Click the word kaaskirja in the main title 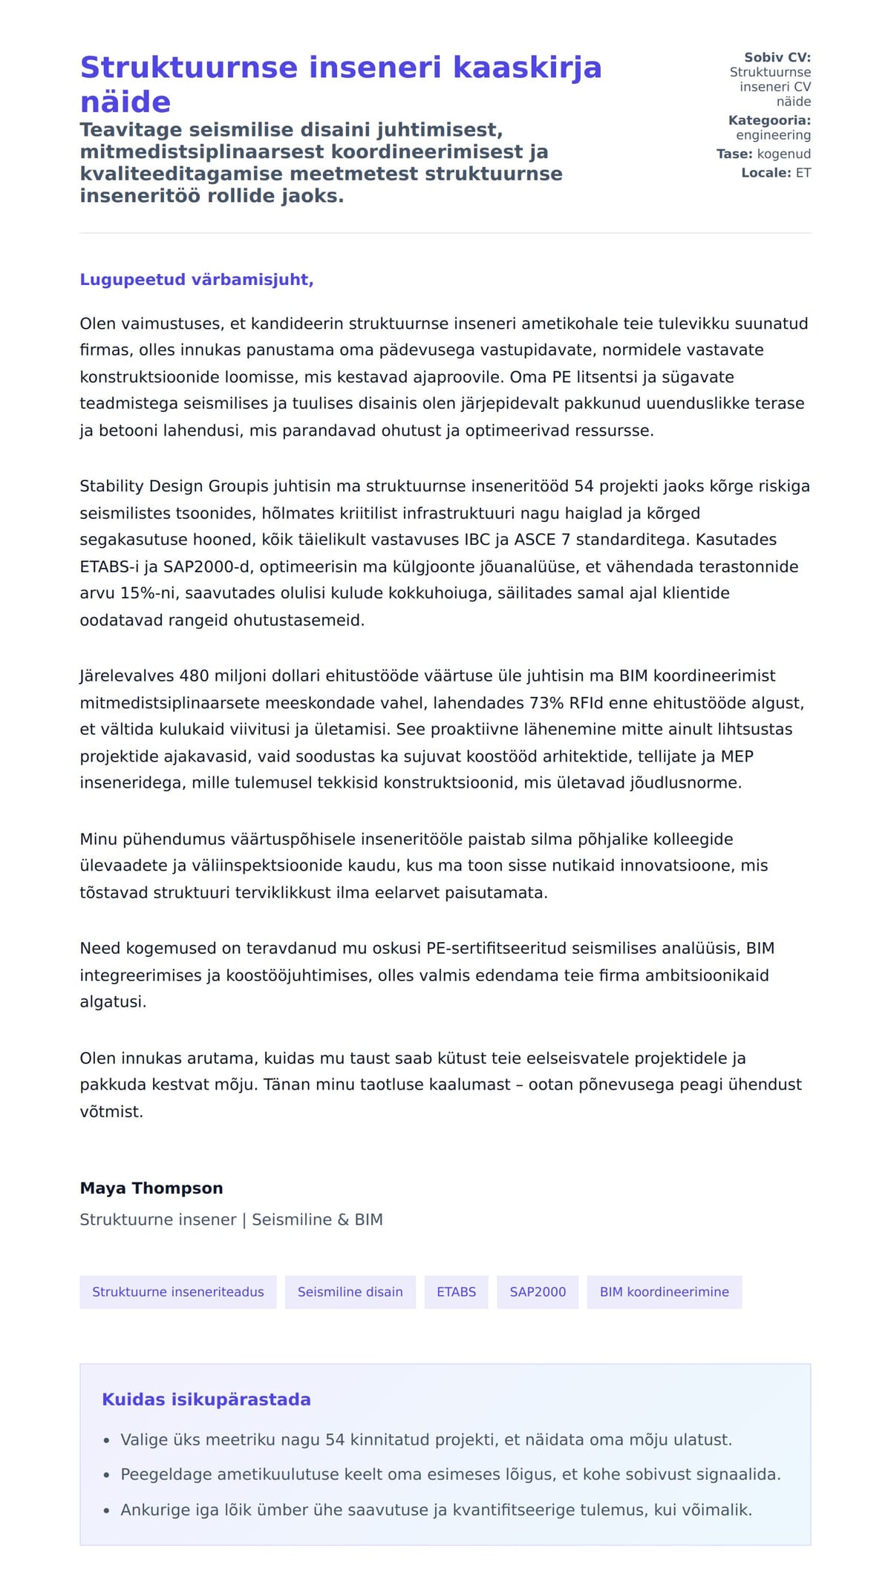(x=526, y=68)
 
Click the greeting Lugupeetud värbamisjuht (x=197, y=280)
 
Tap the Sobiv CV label (x=777, y=57)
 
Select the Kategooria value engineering (x=773, y=135)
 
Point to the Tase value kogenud (x=783, y=154)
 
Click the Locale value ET (x=803, y=173)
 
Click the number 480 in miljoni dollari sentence (x=194, y=676)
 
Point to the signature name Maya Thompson (x=151, y=1188)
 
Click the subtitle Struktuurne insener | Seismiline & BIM (x=231, y=1220)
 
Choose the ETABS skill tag (x=456, y=1292)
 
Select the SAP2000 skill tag (x=538, y=1292)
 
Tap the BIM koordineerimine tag (x=664, y=1292)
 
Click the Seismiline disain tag (x=350, y=1292)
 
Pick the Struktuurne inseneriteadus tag (x=177, y=1292)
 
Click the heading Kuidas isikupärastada (x=206, y=1399)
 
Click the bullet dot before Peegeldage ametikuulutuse (x=106, y=1475)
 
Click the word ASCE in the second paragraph (x=534, y=540)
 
